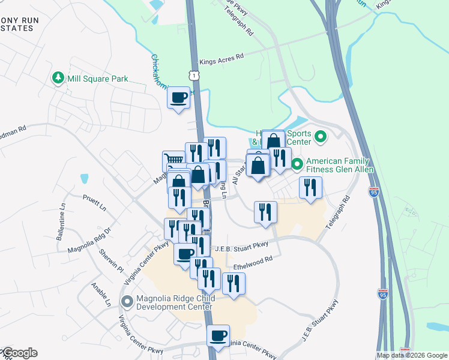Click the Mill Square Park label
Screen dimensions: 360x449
[89, 79]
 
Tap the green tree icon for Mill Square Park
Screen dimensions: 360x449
[58, 78]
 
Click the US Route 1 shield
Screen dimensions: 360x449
[193, 75]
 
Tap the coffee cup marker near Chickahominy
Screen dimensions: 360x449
[178, 97]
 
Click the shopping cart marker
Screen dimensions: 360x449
[173, 161]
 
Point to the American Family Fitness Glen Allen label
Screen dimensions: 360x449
[340, 166]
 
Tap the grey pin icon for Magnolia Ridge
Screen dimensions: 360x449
[127, 301]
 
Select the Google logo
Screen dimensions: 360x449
[20, 353]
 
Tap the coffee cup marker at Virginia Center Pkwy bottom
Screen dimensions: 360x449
[218, 335]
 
